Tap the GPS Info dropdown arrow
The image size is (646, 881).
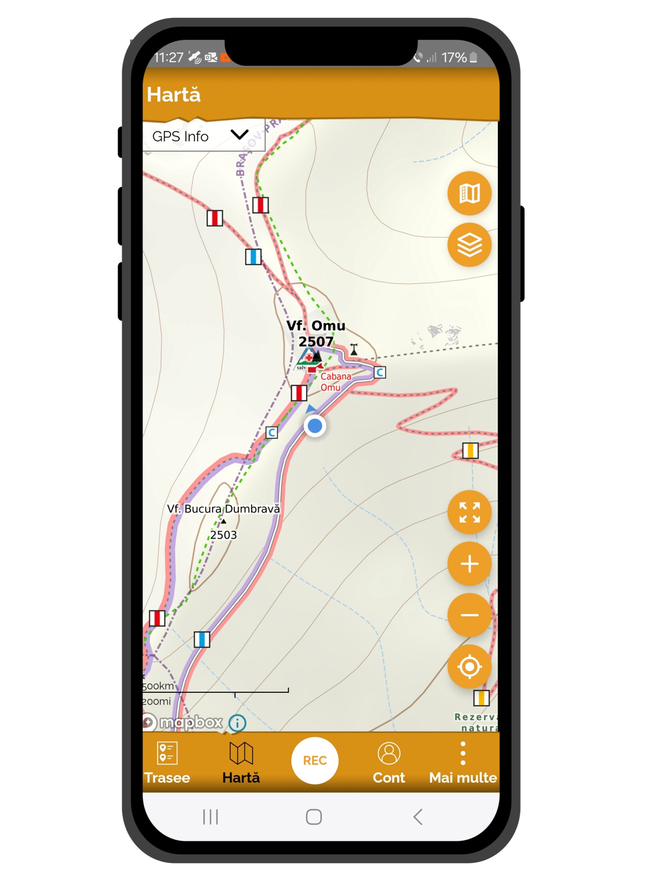[x=239, y=135]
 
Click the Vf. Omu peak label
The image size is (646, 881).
[x=316, y=325]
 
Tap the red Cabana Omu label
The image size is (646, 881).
[x=335, y=381]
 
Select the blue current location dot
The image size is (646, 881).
[x=315, y=426]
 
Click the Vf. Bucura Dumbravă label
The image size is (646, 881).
[x=223, y=509]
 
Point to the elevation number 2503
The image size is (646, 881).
[x=224, y=535]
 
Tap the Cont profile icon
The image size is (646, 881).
[x=389, y=754]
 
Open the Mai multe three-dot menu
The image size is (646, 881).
[x=463, y=754]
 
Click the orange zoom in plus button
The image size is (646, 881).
[x=469, y=564]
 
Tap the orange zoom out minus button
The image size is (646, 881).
[x=469, y=615]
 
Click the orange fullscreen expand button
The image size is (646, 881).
[x=469, y=512]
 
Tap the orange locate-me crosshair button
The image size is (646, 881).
[x=469, y=666]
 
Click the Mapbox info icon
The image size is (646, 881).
[x=237, y=723]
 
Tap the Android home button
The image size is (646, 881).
[x=314, y=817]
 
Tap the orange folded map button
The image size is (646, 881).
[x=469, y=193]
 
